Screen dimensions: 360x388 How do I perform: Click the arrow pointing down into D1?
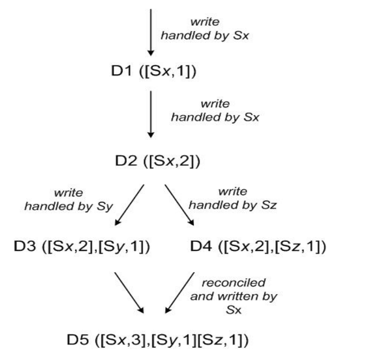pos(151,32)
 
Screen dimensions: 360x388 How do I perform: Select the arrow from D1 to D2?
pos(151,115)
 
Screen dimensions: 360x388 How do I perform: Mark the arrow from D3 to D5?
pos(128,292)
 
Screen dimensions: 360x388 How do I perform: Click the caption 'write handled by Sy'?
pos(68,199)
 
